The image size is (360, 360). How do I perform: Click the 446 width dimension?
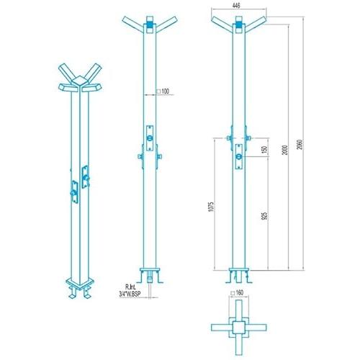236,5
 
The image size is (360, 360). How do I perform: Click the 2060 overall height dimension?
300,144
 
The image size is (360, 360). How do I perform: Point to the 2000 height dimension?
285,150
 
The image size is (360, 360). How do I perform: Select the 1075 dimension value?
211,207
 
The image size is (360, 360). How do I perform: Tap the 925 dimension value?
265,216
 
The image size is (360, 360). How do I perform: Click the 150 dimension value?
265,150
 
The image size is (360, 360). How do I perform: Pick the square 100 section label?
163,91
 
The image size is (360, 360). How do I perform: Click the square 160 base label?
237,292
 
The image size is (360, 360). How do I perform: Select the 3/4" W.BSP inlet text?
130,294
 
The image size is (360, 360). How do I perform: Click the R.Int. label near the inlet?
130,287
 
